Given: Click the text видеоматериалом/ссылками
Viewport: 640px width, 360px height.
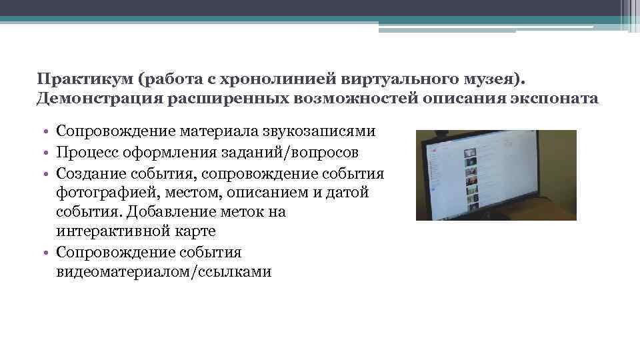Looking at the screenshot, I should click(x=164, y=271).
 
